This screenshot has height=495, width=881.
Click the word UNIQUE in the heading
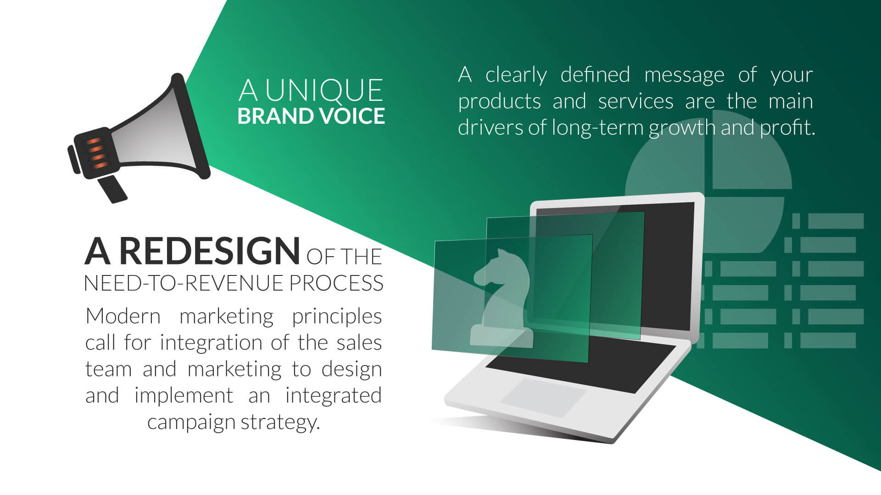pyautogui.click(x=323, y=90)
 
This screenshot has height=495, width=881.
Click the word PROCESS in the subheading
pyautogui.click(x=336, y=283)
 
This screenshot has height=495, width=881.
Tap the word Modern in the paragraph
pyautogui.click(x=123, y=316)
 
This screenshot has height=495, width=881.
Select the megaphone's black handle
pyautogui.click(x=112, y=188)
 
